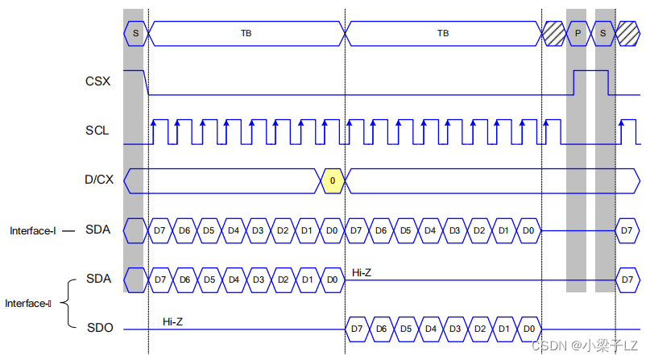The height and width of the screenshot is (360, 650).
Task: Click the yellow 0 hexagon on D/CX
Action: coord(332,180)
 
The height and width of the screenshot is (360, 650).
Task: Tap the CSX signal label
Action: coord(97,81)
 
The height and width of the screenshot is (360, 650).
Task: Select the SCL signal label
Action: coord(97,130)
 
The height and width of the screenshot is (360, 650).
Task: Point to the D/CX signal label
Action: coord(99,180)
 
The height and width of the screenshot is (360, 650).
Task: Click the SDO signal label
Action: coord(100,328)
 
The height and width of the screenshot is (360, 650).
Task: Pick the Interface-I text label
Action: coord(33,231)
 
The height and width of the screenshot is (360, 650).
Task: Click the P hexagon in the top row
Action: coord(577,34)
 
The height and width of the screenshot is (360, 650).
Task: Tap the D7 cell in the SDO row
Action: coord(357,329)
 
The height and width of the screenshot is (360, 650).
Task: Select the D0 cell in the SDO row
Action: coord(528,329)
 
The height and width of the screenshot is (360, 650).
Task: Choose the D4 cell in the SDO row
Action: coord(430,329)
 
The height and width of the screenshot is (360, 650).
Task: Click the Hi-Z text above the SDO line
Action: coord(172,321)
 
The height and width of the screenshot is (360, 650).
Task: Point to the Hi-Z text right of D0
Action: coord(362,273)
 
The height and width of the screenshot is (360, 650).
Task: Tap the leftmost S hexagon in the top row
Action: coord(135,34)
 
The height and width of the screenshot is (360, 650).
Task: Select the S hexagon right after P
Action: coord(603,34)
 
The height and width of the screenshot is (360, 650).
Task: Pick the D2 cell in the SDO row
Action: coord(479,329)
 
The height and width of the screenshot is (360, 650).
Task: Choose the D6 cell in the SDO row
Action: coord(381,329)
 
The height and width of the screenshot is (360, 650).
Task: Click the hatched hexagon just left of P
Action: coord(553,34)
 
